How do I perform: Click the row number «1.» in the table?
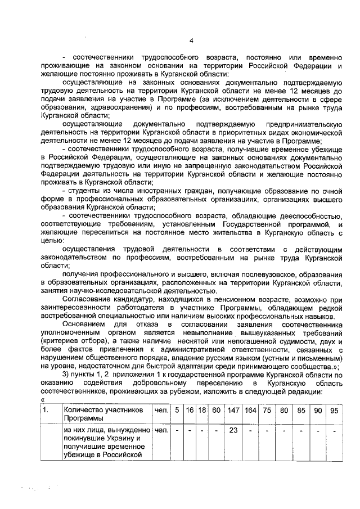click(x=46, y=410)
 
